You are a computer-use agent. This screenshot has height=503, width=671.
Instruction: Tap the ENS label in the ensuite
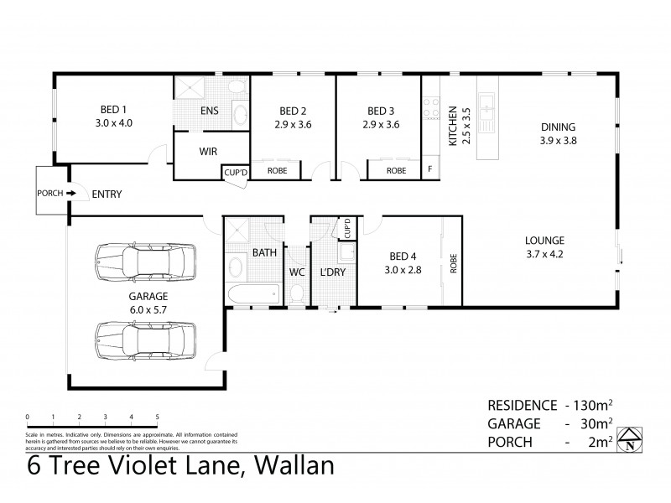click(210, 110)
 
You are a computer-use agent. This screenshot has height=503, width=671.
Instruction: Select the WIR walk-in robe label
click(209, 152)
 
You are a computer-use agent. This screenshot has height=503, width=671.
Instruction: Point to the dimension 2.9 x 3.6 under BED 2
click(292, 124)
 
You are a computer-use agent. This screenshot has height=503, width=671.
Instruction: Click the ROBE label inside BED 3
click(396, 170)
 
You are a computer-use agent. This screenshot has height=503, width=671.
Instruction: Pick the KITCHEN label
click(453, 126)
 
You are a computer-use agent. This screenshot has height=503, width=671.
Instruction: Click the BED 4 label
click(398, 257)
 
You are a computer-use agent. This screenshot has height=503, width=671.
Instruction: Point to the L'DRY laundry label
click(334, 273)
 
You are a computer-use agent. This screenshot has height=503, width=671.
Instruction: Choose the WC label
click(296, 273)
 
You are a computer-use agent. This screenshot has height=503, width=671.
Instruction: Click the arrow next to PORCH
click(72, 194)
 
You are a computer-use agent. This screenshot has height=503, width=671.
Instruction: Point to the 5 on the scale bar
click(157, 417)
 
